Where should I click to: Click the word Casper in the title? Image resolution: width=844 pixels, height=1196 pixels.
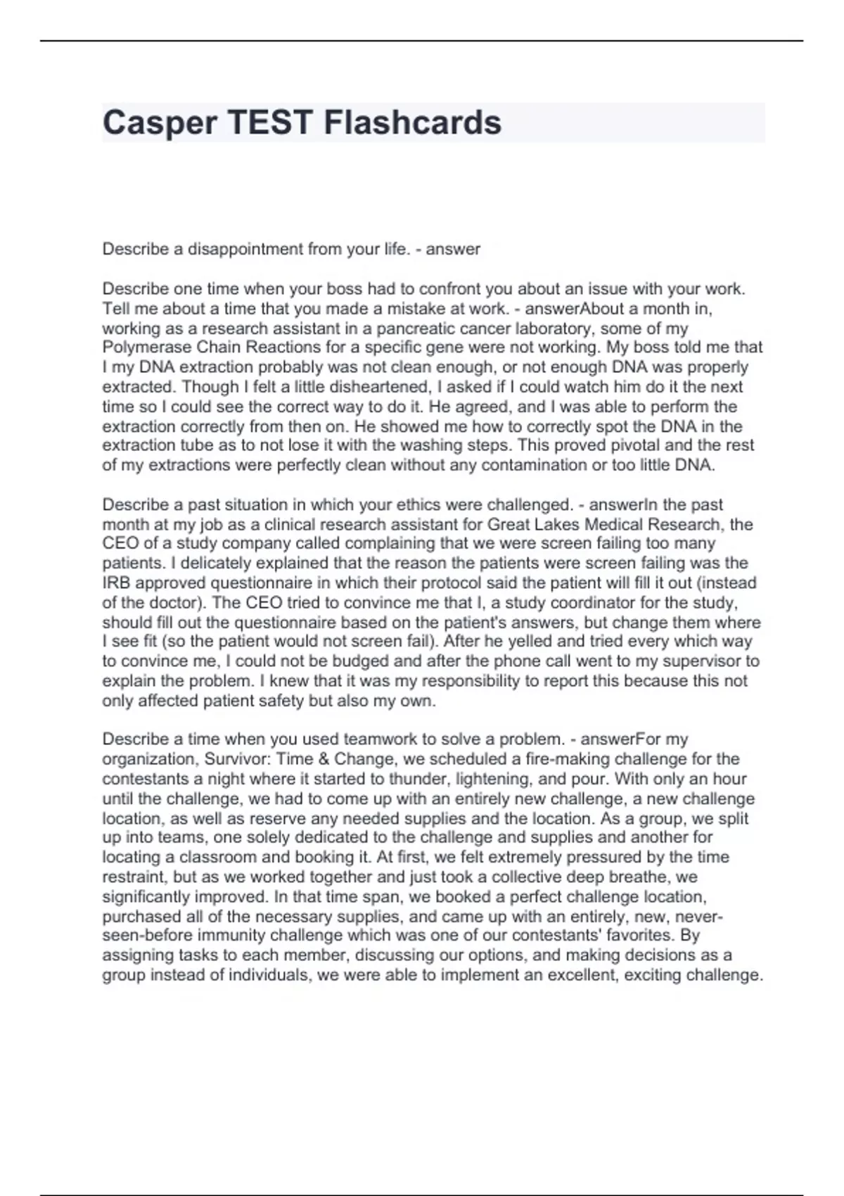160,123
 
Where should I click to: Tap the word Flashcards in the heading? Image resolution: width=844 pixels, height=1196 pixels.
412,123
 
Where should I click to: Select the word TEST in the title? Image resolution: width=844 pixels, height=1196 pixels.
270,123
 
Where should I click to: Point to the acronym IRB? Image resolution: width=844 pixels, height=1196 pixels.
117,583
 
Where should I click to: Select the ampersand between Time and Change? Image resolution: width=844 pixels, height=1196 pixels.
323,760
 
